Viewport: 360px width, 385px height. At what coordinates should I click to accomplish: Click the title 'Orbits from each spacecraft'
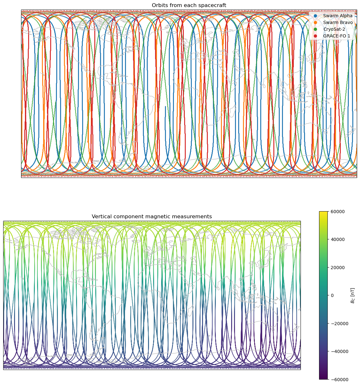click(x=189, y=5)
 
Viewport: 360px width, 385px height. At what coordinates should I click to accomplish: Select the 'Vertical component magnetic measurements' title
click(x=152, y=217)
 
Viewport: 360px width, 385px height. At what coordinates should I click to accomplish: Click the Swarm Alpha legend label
click(x=338, y=16)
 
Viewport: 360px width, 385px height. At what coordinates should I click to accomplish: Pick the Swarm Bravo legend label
click(x=338, y=22)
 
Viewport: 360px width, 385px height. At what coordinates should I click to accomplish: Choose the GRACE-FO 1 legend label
click(x=337, y=36)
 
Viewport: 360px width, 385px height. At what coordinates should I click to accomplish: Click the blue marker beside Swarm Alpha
click(x=316, y=16)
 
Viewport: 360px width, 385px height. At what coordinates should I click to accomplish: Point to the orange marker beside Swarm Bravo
click(x=316, y=22)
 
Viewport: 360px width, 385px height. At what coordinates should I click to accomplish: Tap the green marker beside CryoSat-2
click(x=316, y=29)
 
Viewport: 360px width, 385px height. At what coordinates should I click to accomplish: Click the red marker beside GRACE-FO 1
click(x=316, y=36)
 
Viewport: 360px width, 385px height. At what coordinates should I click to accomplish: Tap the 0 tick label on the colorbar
click(x=333, y=295)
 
